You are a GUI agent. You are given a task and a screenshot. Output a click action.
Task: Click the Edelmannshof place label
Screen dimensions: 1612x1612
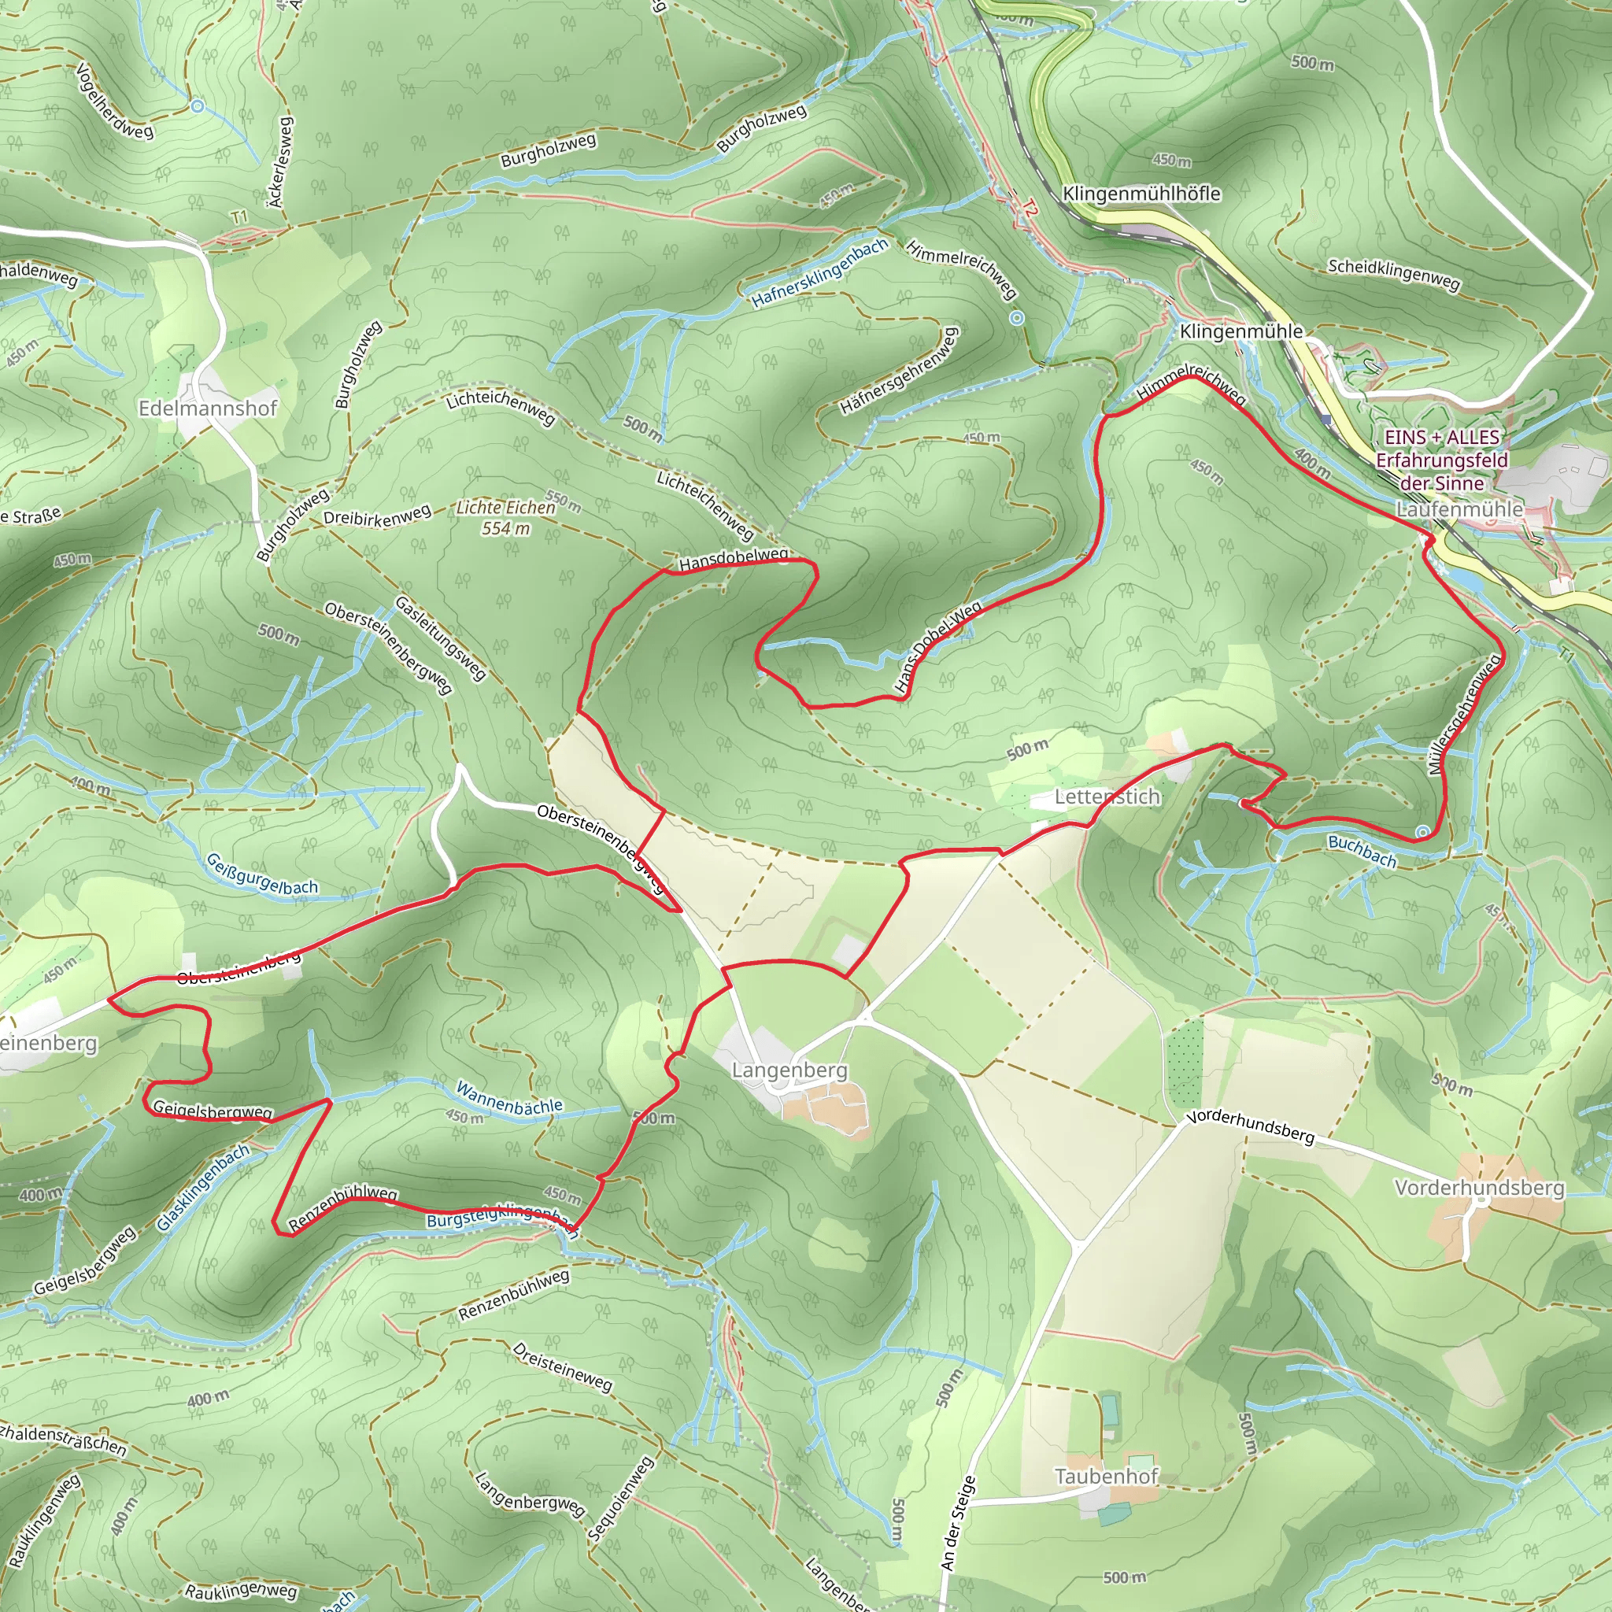[208, 408]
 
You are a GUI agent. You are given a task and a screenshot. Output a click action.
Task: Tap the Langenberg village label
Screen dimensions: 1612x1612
[789, 1070]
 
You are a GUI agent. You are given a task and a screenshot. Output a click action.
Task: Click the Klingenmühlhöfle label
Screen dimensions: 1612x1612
[1141, 194]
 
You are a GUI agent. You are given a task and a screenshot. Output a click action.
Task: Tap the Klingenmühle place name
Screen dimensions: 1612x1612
[1240, 331]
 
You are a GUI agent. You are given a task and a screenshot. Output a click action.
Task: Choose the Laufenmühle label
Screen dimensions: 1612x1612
[1459, 509]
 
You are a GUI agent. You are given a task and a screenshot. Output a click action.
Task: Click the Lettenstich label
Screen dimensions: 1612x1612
[1107, 797]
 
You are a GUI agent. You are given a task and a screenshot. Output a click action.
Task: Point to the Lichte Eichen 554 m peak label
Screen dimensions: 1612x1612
[505, 517]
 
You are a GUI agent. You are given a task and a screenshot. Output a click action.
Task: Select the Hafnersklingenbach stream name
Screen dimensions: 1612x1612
[819, 274]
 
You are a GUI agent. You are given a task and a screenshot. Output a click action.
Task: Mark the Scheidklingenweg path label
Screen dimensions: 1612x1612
[1393, 275]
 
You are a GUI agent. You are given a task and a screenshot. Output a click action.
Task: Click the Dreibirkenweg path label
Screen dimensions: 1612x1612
[377, 516]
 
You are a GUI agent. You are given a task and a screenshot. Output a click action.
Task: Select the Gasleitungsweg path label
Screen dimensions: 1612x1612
[440, 638]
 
